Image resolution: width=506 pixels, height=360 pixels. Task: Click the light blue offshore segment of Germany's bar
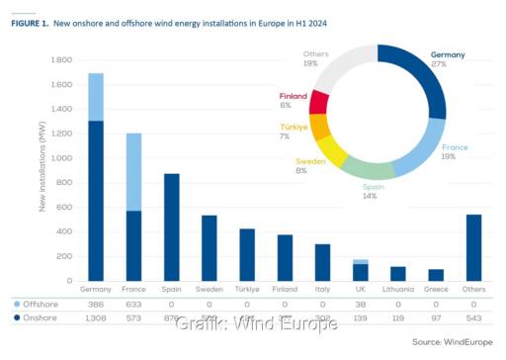(95, 96)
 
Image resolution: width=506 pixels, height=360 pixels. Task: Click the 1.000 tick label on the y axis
(59, 157)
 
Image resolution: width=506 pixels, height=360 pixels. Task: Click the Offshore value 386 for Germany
(95, 307)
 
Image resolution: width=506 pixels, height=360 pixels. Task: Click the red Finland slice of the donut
(319, 100)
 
